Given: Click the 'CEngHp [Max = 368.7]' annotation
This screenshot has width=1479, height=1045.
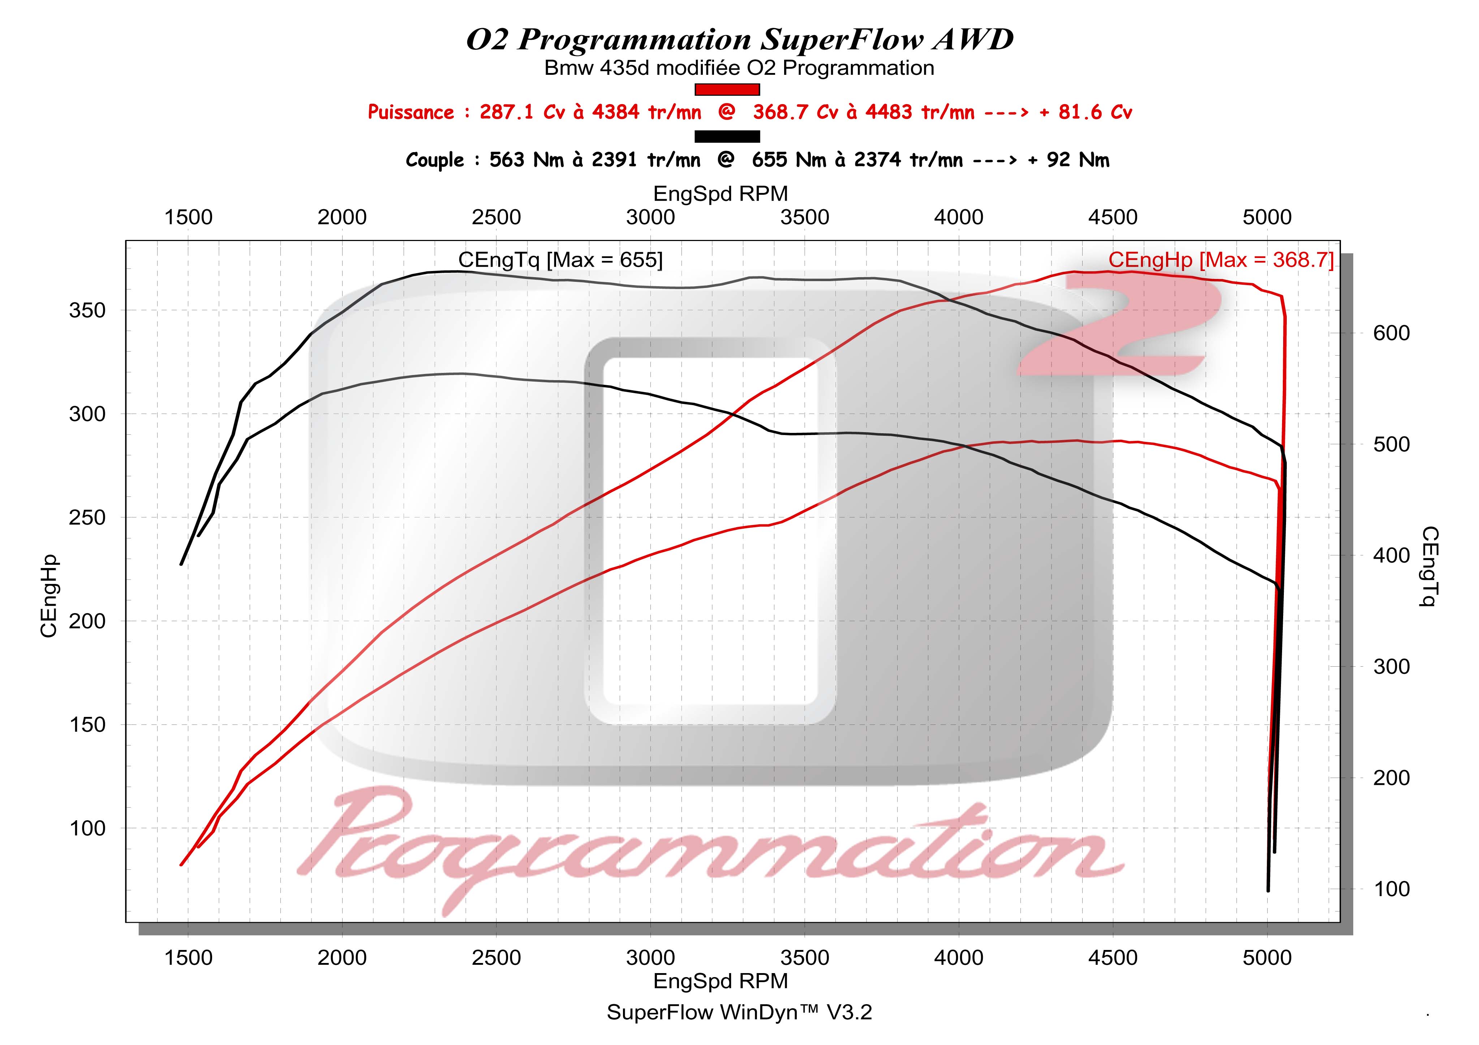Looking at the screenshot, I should [x=1221, y=260].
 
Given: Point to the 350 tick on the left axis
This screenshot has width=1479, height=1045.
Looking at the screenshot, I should [x=87, y=310].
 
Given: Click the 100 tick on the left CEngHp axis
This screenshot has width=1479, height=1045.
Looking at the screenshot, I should [x=87, y=829].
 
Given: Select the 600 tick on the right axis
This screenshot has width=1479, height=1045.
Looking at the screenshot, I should [x=1392, y=333].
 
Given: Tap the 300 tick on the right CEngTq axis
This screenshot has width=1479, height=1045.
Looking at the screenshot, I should [x=1392, y=667].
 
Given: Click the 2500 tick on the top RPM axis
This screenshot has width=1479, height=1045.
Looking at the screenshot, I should [x=496, y=218].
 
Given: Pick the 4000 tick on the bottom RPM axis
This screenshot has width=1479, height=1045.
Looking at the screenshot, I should [x=959, y=958].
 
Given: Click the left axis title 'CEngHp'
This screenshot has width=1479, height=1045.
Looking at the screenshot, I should [x=49, y=596].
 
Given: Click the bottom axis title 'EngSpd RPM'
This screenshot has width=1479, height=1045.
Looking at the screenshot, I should [x=720, y=981].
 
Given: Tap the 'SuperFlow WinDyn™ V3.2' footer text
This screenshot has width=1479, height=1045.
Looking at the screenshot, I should [x=739, y=1012].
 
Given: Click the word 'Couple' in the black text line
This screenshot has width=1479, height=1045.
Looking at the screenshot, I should [x=434, y=160].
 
